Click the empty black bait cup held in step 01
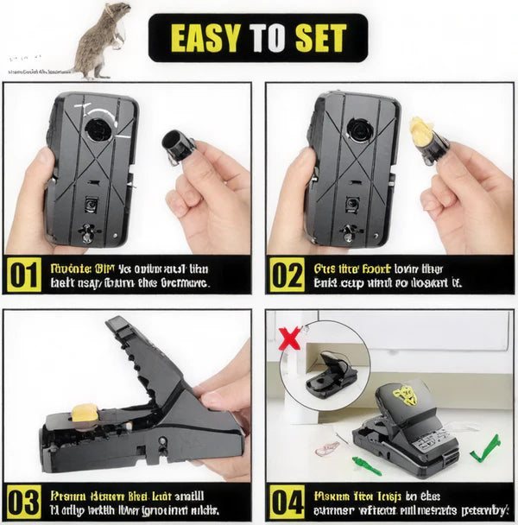179,145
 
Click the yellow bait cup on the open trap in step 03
84,415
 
